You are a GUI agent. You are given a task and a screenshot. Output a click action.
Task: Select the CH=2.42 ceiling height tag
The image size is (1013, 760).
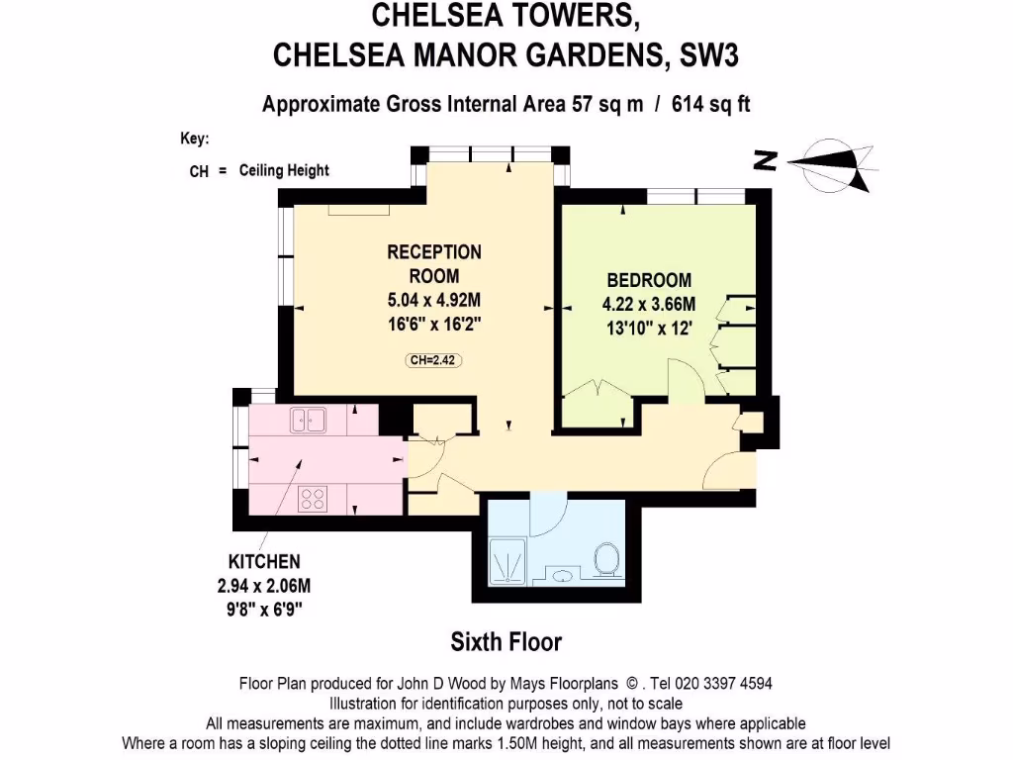pos(434,360)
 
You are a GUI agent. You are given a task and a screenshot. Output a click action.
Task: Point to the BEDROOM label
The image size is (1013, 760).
pos(648,280)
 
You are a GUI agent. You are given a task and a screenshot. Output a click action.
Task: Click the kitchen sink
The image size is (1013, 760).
pos(310,421)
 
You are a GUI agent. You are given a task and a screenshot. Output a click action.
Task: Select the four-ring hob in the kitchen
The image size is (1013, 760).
pos(314,498)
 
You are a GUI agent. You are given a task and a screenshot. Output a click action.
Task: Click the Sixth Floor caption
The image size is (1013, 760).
pos(506,642)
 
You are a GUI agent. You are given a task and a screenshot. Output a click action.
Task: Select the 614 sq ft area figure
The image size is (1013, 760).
pos(710,103)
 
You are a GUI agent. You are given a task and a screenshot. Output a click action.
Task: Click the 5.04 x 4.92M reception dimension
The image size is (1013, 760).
pos(433,301)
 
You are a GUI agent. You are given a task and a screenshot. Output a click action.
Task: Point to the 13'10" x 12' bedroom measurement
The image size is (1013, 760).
pos(648,328)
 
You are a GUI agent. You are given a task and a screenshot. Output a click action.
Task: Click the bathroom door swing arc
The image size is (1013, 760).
pos(547,515)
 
